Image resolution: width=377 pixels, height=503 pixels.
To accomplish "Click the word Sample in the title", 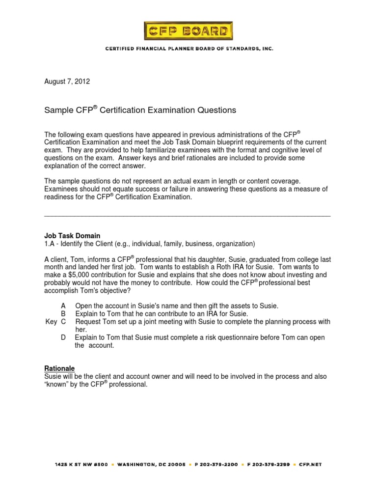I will point(58,111).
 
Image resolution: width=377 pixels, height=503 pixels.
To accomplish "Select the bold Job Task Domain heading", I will point(72,236).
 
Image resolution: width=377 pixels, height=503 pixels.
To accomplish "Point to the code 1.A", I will point(50,244).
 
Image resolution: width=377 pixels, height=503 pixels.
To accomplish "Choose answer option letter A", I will point(63,306).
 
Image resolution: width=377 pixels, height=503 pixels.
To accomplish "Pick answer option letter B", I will point(63,314).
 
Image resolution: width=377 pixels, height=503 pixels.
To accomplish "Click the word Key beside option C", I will point(51,322).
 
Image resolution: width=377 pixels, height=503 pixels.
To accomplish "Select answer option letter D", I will point(63,337).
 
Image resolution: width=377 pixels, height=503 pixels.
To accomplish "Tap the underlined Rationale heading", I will point(59,368).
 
